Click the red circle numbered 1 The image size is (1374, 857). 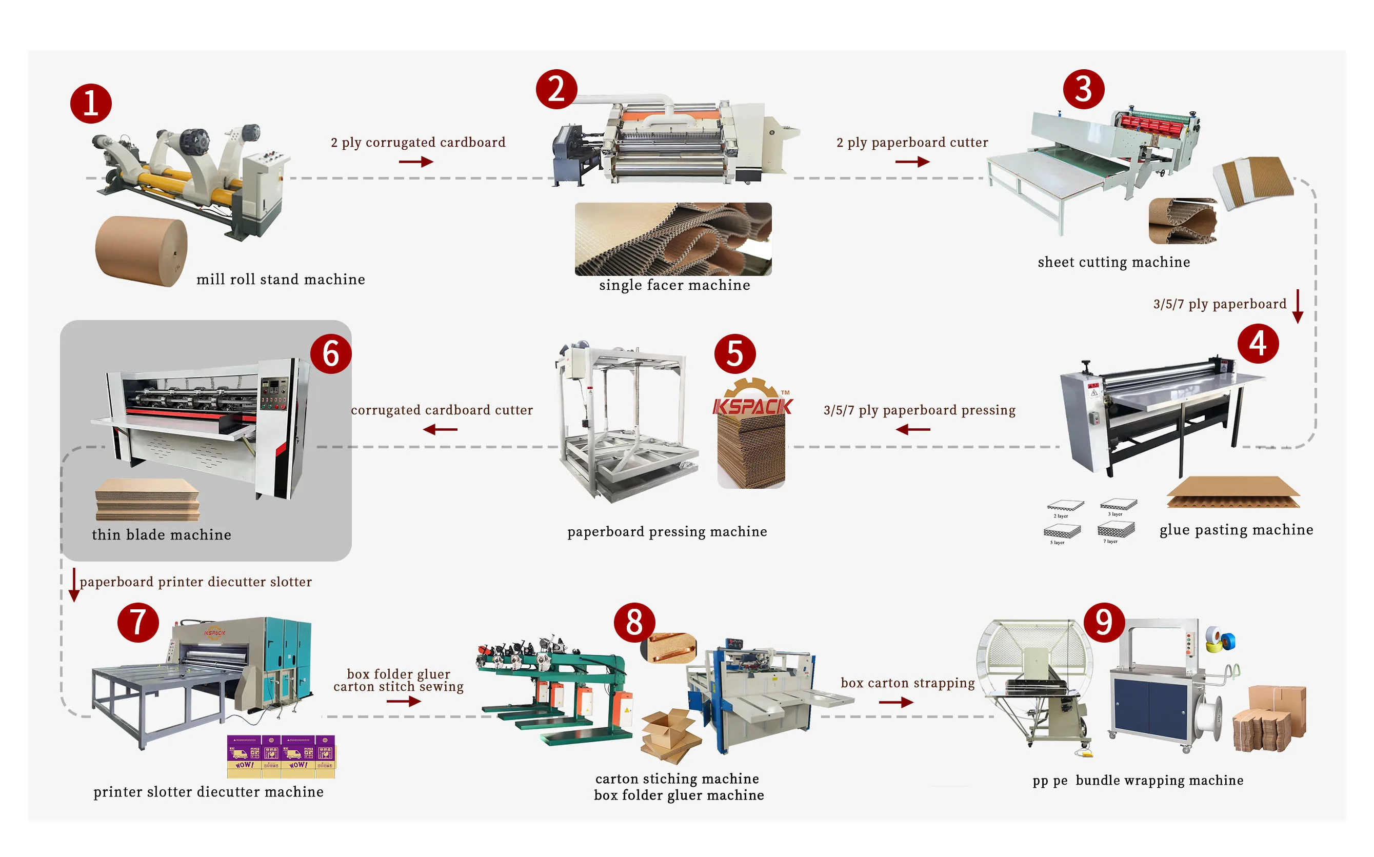pos(91,104)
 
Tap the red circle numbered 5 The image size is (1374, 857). pos(734,354)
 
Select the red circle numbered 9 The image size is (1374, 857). pos(1104,622)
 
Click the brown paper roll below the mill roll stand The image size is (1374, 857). pos(141,250)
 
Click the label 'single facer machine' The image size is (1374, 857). pos(674,285)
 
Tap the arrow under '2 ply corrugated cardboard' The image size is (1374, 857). pos(415,162)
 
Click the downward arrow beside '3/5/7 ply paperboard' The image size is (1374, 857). pos(1298,307)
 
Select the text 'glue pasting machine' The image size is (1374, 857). pos(1236,530)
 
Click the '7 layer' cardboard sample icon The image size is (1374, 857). pos(1116,530)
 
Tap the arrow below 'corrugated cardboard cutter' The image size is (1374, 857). pos(440,430)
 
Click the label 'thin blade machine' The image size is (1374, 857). pos(162,534)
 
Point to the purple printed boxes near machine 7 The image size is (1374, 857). pos(281,756)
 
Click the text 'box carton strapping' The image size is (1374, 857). pos(907,683)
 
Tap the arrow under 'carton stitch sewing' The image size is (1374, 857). pos(404,702)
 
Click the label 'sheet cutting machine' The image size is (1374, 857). pos(1113,262)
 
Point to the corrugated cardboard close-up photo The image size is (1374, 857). pos(673,238)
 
